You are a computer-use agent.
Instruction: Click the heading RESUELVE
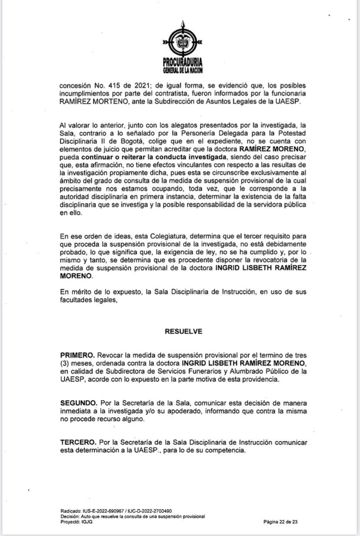[x=183, y=331]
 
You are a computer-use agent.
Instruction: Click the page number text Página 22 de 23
[x=280, y=521]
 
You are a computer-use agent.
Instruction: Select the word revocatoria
[x=273, y=260]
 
